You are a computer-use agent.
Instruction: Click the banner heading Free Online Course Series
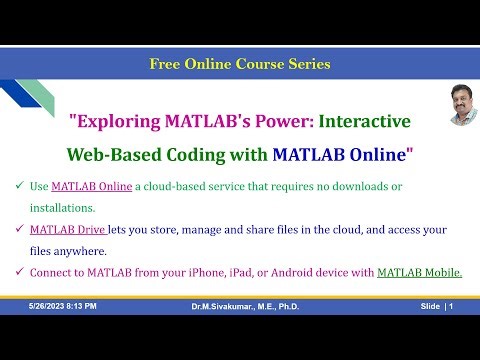[x=240, y=64]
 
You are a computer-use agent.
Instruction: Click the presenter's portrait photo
[x=459, y=104]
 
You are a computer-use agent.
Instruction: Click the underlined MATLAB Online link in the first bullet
[x=90, y=187]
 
